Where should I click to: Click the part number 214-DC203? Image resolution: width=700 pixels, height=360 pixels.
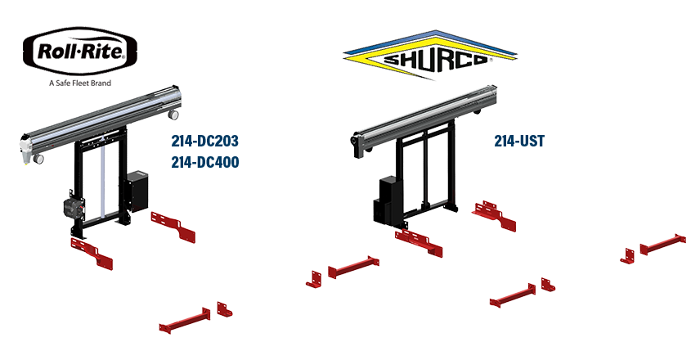pos(204,141)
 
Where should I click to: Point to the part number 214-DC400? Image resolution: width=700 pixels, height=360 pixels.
pos(204,163)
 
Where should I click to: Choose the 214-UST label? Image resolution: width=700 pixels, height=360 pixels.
pos(519,142)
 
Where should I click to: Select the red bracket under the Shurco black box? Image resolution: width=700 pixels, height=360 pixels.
pos(418,240)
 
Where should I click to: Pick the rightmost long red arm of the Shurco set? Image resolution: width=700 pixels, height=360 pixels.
pos(662,244)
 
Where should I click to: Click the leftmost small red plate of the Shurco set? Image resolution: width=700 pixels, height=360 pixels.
pos(314,277)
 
